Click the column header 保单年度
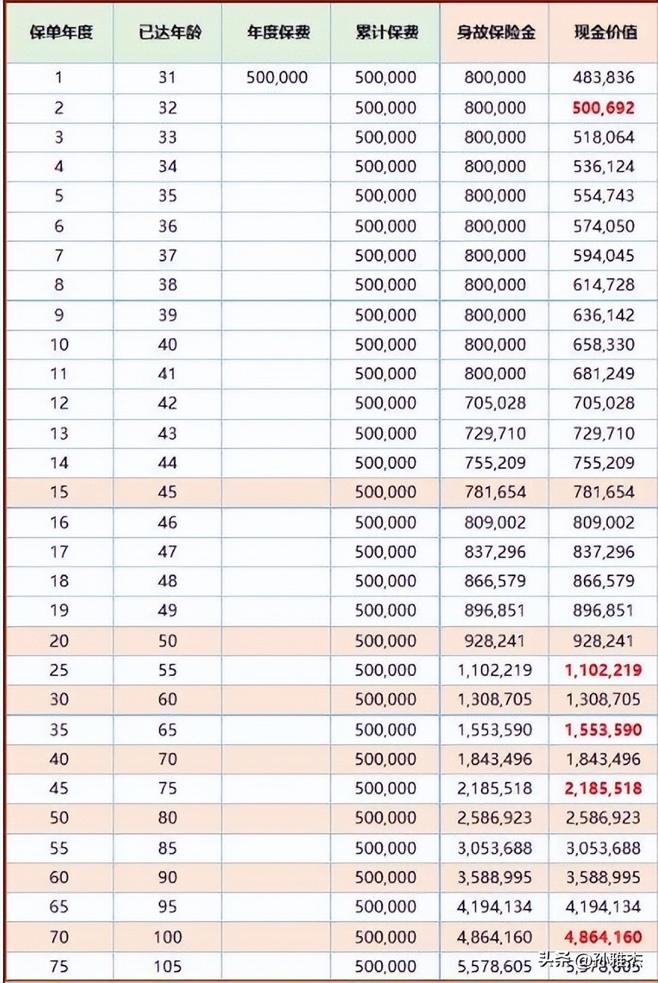[59, 33]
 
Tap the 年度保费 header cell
[278, 33]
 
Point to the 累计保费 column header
[386, 33]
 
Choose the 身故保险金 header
[495, 33]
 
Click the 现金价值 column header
[604, 33]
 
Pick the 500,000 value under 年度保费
[277, 78]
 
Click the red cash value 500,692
[604, 108]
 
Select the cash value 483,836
[604, 78]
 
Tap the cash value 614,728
[604, 285]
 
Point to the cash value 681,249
[604, 374]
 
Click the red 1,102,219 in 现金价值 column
[603, 670]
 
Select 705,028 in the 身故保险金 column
[495, 403]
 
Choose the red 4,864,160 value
[603, 937]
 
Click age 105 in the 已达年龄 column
[167, 966]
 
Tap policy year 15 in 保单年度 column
[59, 492]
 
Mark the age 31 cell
[167, 78]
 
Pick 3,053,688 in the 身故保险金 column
[495, 848]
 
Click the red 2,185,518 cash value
[603, 789]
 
